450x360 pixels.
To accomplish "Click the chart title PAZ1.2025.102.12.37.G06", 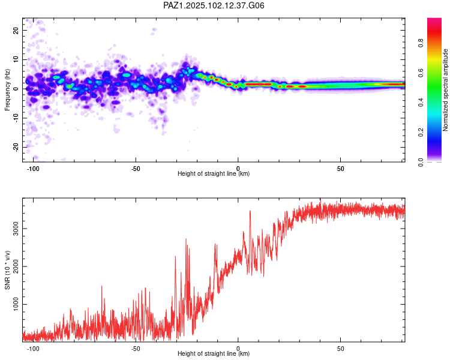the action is (214, 5).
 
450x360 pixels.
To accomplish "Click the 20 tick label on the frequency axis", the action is (16, 30).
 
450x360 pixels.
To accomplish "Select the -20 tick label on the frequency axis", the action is (16, 147).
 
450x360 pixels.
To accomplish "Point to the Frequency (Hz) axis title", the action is (7, 90).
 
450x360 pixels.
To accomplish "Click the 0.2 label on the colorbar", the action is (421, 133).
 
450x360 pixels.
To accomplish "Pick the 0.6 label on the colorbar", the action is (421, 73).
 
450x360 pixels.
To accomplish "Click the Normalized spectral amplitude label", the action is (445, 90).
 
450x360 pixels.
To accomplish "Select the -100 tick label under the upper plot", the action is (33, 169).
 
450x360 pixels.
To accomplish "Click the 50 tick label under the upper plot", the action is (340, 169).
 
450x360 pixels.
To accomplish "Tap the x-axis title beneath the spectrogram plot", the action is (214, 173).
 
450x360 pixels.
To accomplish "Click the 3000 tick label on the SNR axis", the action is (16, 228).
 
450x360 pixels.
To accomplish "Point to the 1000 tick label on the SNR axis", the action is (16, 304).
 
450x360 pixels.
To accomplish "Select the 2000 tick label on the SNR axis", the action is (16, 266).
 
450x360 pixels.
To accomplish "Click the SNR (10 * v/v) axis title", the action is (7, 270).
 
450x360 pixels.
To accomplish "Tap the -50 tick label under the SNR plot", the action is (136, 349).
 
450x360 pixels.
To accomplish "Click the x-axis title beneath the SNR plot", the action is (214, 353).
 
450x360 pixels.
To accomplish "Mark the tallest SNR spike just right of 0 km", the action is (250, 211).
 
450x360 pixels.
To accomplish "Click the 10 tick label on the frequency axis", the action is (16, 59).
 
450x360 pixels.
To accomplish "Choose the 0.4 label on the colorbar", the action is (421, 102).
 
